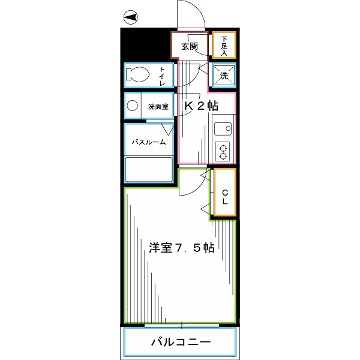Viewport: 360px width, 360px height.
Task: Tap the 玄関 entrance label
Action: (190, 47)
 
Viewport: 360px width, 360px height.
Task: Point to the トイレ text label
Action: (162, 76)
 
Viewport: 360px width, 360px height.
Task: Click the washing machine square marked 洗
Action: (223, 76)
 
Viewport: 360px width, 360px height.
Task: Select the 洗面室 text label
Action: (158, 106)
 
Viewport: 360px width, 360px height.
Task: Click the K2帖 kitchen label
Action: (200, 106)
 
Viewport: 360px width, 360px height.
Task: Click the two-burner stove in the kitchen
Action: (223, 152)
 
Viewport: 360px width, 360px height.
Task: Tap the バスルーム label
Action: (149, 142)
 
